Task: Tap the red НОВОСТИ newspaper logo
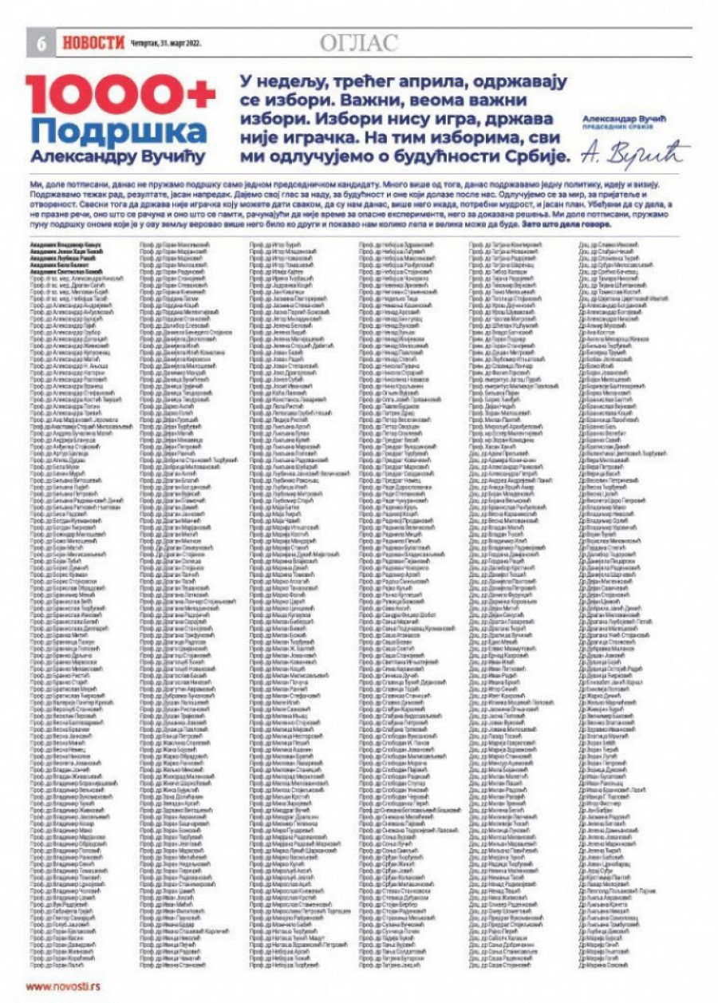coord(93,43)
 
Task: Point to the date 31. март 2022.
coord(164,44)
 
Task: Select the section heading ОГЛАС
coord(358,43)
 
